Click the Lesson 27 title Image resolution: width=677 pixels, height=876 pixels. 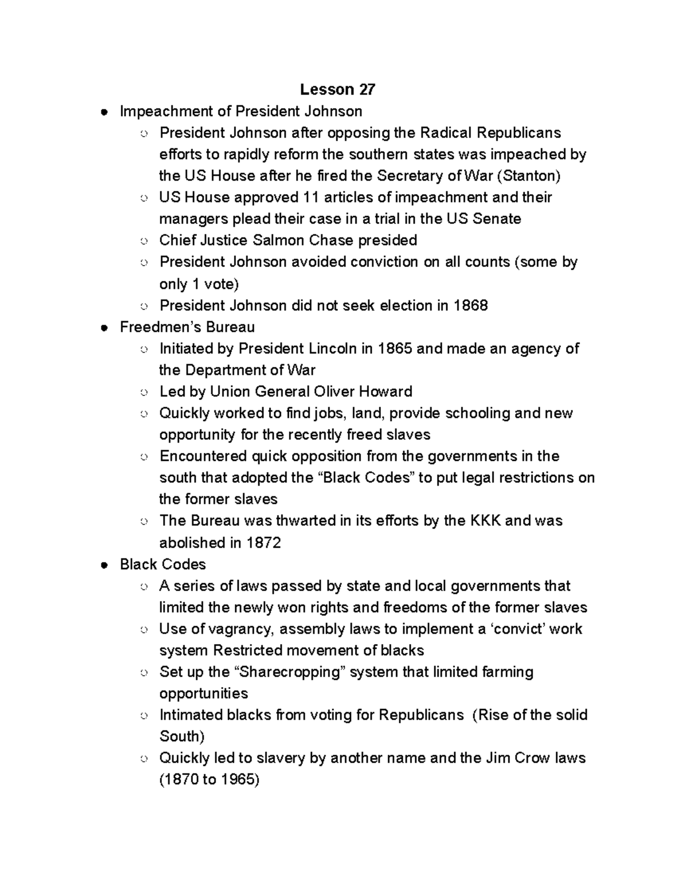point(337,89)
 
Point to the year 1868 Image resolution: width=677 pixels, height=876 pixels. point(471,306)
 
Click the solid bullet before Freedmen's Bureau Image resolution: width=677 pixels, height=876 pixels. point(103,328)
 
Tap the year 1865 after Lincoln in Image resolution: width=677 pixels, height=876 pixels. point(394,349)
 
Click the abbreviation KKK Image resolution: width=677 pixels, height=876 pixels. point(485,521)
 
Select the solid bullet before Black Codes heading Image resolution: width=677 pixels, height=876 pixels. point(103,565)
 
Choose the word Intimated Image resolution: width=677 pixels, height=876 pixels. point(191,715)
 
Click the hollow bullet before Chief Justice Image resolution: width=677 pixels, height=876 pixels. point(144,241)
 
